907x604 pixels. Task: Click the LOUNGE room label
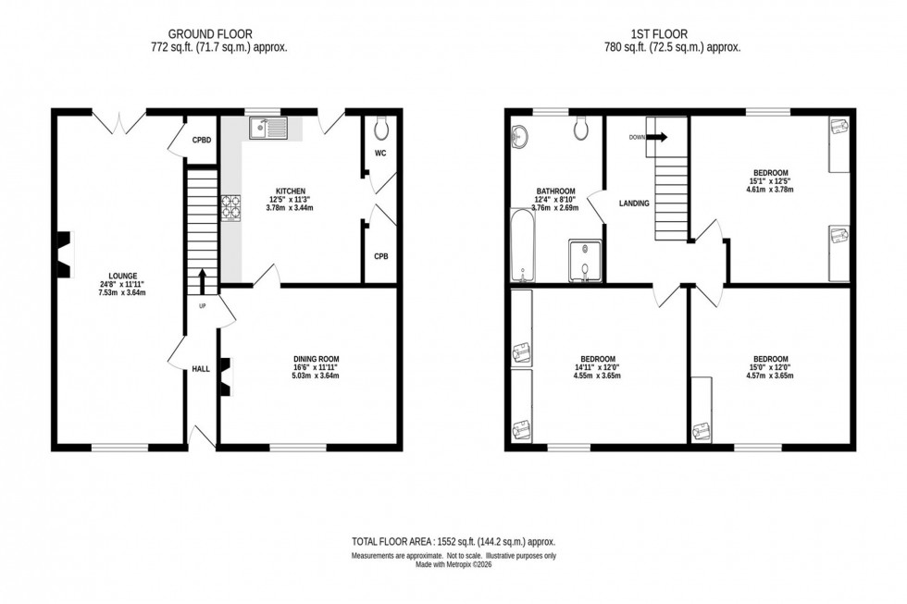point(122,275)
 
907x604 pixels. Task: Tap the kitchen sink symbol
point(267,128)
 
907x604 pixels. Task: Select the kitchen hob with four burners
point(230,209)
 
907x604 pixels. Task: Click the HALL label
point(201,369)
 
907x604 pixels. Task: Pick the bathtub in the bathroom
point(522,245)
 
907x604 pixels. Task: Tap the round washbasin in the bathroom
point(517,137)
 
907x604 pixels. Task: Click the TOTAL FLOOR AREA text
point(453,541)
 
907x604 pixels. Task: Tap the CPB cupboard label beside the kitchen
point(380,255)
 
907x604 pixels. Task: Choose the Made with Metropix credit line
point(453,564)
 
